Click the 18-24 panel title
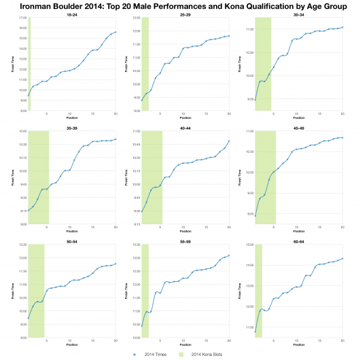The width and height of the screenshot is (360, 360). pos(71,14)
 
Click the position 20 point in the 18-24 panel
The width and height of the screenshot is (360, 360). pos(116,32)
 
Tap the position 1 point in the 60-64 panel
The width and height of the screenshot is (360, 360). pos(256,331)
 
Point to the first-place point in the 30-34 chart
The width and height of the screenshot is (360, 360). pos(256,100)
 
